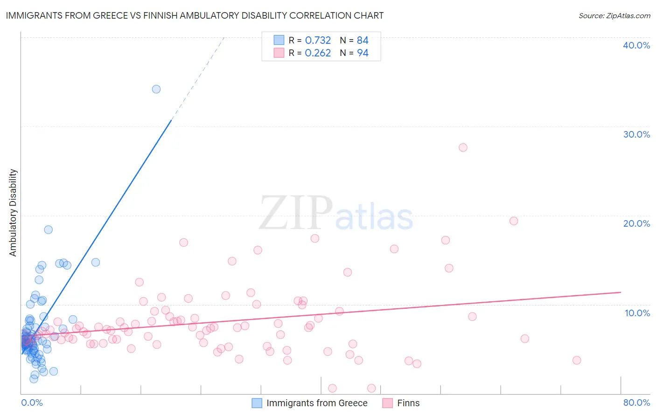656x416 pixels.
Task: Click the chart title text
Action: point(195,15)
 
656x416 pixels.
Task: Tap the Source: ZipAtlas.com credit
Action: point(614,15)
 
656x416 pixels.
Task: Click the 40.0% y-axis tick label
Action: point(636,45)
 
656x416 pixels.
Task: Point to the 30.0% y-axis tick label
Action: point(636,134)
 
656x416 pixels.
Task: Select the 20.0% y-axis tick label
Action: point(636,223)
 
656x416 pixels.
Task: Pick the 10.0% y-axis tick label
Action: point(637,313)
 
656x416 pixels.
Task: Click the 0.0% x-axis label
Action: point(32,402)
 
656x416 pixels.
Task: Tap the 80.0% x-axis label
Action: point(636,402)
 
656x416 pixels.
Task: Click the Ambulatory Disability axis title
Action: point(13,213)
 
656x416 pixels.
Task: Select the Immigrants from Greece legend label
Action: point(317,403)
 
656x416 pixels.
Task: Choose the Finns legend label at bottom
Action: point(408,403)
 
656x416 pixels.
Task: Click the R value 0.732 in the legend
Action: point(318,41)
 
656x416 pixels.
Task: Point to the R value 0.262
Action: point(318,53)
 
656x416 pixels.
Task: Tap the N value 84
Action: point(363,41)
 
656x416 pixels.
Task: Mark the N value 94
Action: point(363,53)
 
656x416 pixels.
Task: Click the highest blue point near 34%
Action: point(156,89)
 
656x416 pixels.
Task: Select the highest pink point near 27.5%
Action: point(463,147)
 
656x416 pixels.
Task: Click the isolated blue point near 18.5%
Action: point(48,229)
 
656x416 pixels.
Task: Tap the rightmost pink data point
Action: point(577,360)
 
